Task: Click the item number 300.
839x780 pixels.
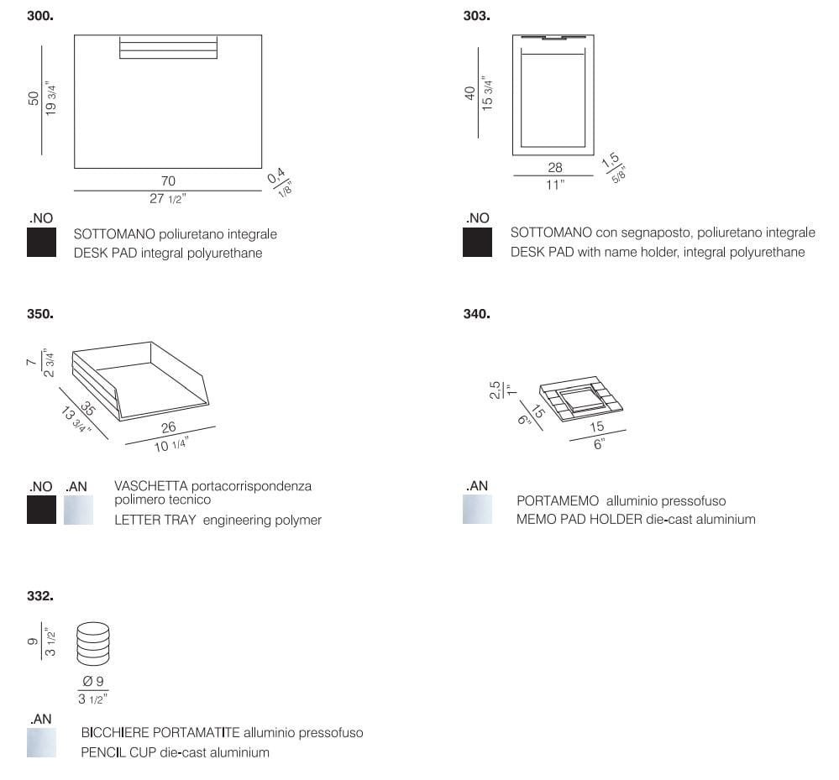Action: (40, 16)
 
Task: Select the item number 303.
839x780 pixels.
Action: (477, 16)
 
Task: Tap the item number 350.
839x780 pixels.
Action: (40, 314)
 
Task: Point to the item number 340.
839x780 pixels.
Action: (477, 314)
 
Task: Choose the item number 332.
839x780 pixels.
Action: (40, 596)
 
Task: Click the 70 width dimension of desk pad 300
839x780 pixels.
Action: (168, 181)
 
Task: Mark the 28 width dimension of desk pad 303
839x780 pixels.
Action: (555, 167)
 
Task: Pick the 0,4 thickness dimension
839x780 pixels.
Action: (275, 175)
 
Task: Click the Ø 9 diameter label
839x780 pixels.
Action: (93, 681)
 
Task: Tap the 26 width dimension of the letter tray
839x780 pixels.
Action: (169, 427)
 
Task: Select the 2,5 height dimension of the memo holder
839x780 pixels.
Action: (495, 390)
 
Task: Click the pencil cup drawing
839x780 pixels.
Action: (93, 644)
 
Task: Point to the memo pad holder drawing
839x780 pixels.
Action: (581, 399)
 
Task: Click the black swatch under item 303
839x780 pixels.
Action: (477, 243)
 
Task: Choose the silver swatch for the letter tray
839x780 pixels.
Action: (78, 510)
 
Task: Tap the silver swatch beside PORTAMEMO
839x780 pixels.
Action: (477, 510)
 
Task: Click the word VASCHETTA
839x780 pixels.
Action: (151, 486)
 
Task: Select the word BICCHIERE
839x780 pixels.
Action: (115, 732)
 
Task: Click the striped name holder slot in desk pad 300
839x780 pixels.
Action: (168, 47)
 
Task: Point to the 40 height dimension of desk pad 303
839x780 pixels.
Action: (469, 93)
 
